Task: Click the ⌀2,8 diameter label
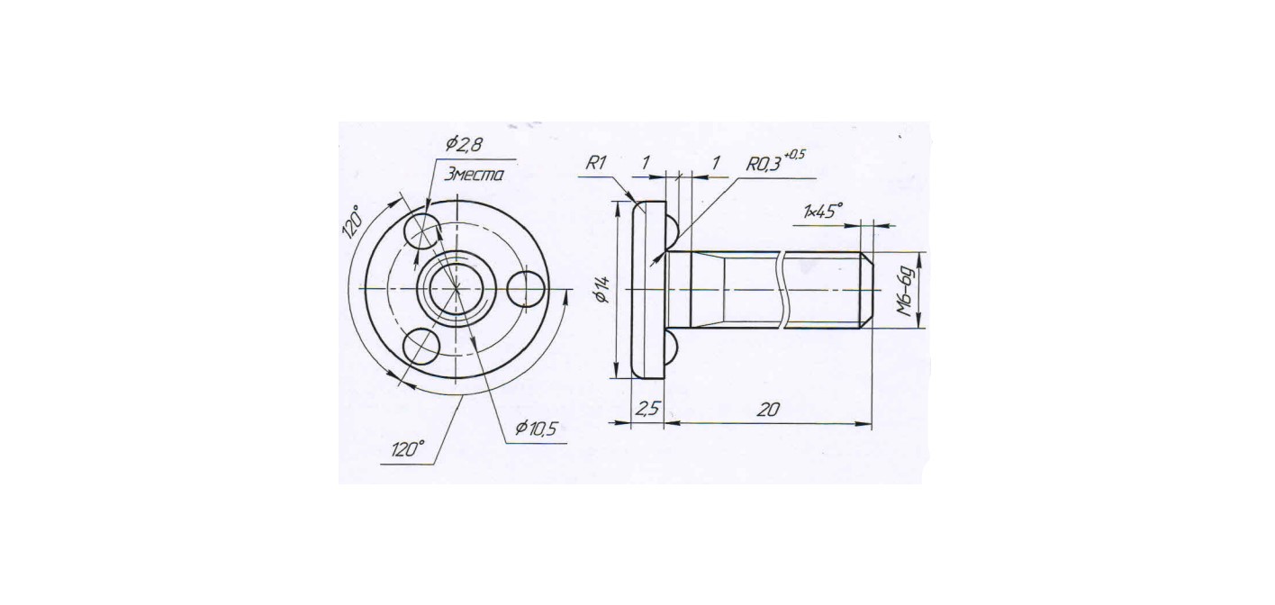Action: point(465,145)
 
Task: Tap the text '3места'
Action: point(473,175)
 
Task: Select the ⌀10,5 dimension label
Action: point(536,429)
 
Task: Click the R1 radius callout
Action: point(596,164)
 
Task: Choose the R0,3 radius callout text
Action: point(764,165)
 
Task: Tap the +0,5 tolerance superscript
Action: point(794,154)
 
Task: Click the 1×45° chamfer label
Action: point(822,212)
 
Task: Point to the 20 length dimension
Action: point(768,410)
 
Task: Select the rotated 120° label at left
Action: point(352,221)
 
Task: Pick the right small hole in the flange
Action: point(526,289)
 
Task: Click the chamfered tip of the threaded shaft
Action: point(865,290)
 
